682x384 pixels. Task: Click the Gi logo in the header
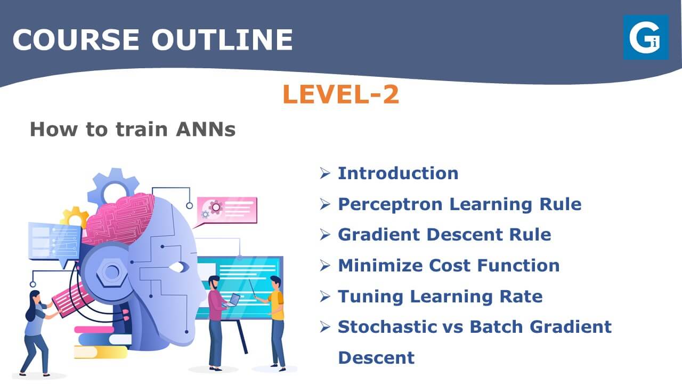pos(646,37)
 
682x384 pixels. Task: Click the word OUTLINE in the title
pos(222,39)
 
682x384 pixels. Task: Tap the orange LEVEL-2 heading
pos(340,94)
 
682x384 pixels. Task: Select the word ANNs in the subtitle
pos(206,129)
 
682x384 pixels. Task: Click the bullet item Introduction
pos(398,173)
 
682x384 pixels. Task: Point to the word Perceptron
pos(390,204)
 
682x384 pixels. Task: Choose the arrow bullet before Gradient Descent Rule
pos(325,235)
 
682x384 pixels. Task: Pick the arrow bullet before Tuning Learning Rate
pos(325,297)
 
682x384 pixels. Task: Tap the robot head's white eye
pos(178,267)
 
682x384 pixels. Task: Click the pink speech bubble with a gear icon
pos(227,211)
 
